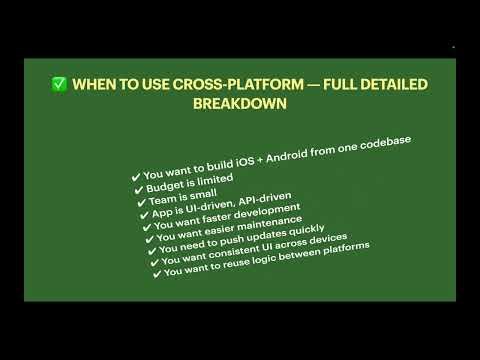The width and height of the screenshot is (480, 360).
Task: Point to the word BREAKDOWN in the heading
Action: [x=240, y=104]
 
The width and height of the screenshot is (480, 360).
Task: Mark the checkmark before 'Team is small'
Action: [x=142, y=203]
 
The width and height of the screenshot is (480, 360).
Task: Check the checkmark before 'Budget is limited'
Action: [x=136, y=191]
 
